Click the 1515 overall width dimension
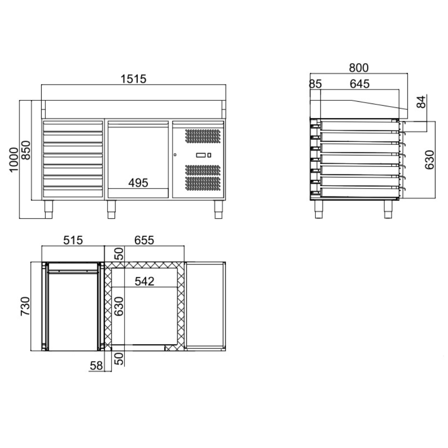tap(134, 79)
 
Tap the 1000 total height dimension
tap(14, 160)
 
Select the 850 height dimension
tap(26, 150)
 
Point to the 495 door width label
tap(138, 183)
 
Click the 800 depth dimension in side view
tap(359, 68)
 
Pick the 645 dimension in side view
tap(360, 84)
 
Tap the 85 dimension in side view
tap(315, 84)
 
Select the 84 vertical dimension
tap(421, 102)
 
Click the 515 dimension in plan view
tap(73, 240)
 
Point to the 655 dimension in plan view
tap(144, 240)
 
